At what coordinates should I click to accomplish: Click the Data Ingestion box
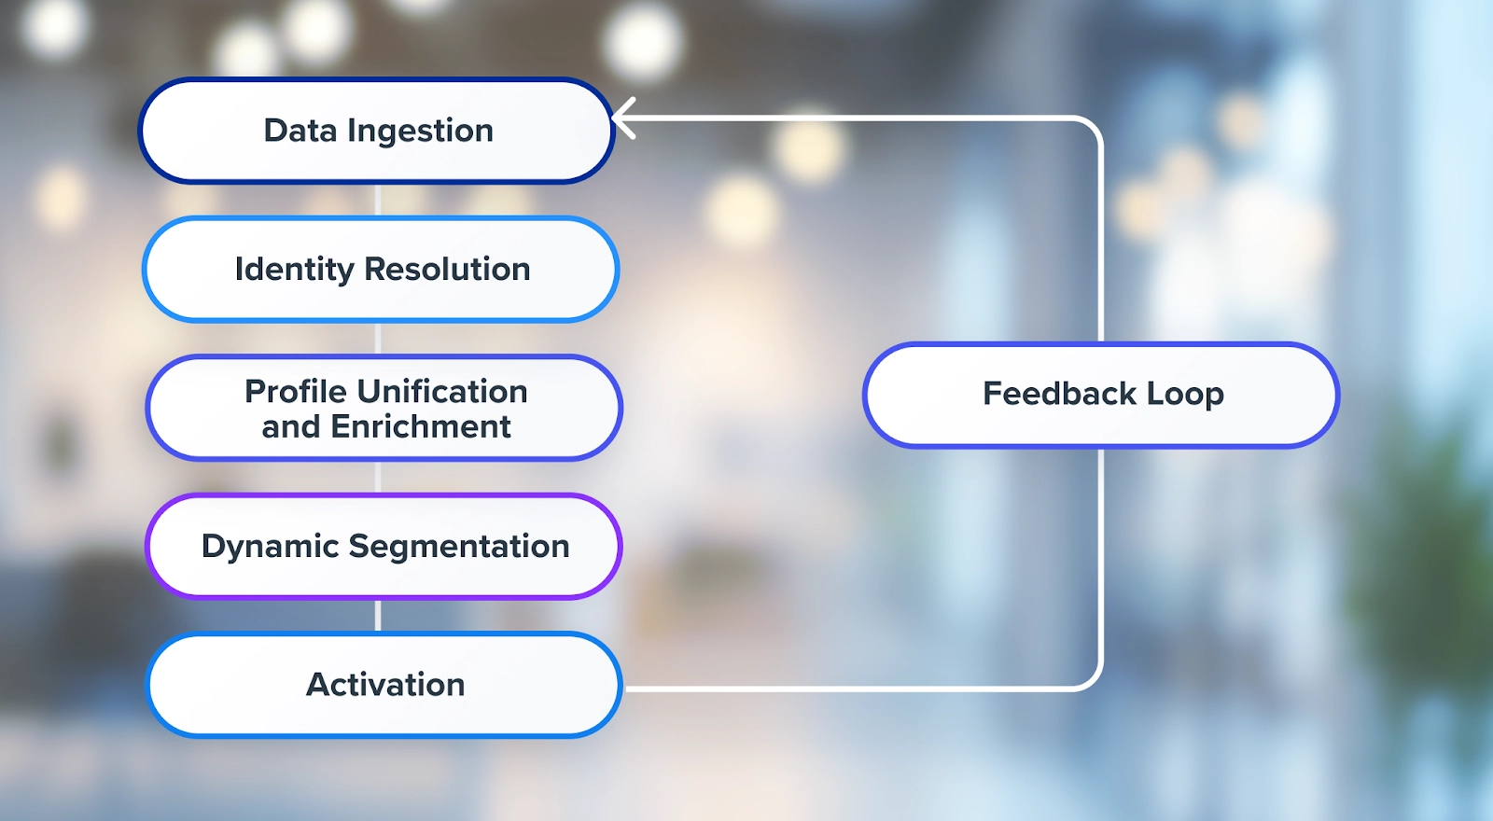pyautogui.click(x=377, y=131)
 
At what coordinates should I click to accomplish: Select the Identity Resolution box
pyautogui.click(x=381, y=270)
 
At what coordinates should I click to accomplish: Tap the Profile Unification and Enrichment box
pyautogui.click(x=384, y=408)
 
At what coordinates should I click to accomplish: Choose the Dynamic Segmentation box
pyautogui.click(x=384, y=546)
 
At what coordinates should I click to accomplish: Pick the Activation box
pyautogui.click(x=384, y=685)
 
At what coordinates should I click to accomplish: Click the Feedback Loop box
pyautogui.click(x=1101, y=395)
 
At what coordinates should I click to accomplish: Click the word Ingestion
pyautogui.click(x=420, y=132)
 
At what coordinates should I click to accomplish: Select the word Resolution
pyautogui.click(x=447, y=270)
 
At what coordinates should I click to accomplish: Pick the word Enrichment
pyautogui.click(x=420, y=426)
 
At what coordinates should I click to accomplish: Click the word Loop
pyautogui.click(x=1185, y=395)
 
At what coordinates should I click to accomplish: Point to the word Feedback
pyautogui.click(x=1059, y=394)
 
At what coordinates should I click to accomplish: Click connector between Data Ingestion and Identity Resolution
pyautogui.click(x=378, y=200)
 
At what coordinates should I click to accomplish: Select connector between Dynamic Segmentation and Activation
pyautogui.click(x=378, y=615)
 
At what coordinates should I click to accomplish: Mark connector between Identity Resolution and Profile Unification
pyautogui.click(x=378, y=338)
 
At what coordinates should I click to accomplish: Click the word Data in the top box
pyautogui.click(x=300, y=131)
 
